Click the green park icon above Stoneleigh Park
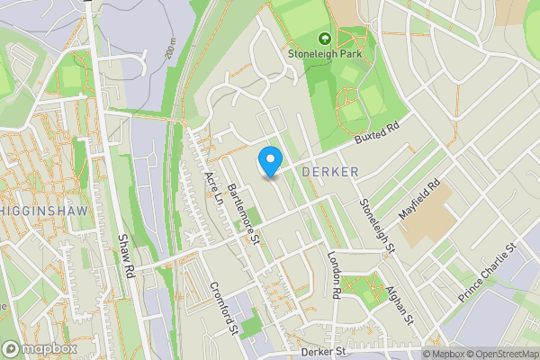(323, 39)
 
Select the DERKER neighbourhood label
(331, 171)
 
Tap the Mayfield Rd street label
(419, 203)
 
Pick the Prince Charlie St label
(487, 270)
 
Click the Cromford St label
(222, 307)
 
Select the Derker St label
(324, 352)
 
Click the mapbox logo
(39, 348)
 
